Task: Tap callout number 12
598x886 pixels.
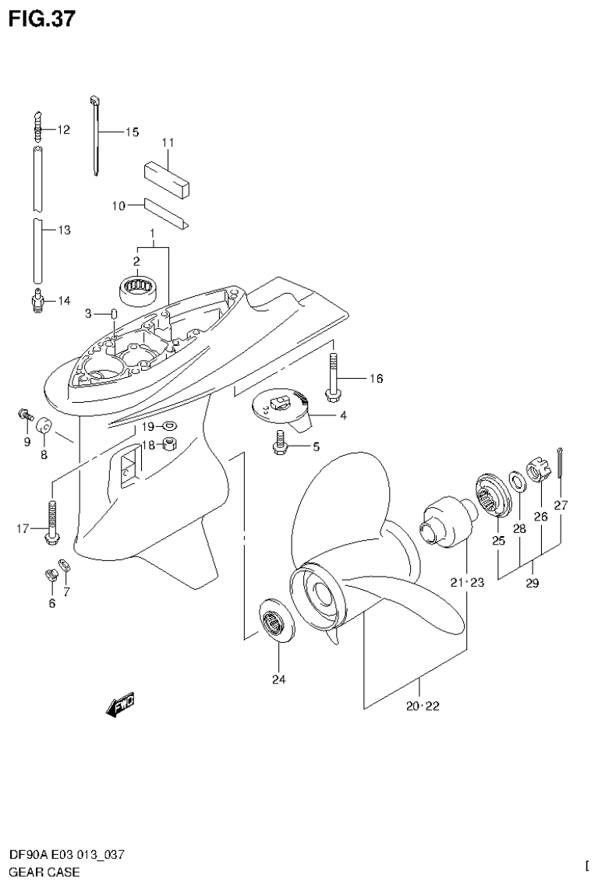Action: pos(63,130)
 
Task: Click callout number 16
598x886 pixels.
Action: pos(376,379)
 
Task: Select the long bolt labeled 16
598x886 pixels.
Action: pos(333,378)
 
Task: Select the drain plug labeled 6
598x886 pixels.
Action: pos(52,576)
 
